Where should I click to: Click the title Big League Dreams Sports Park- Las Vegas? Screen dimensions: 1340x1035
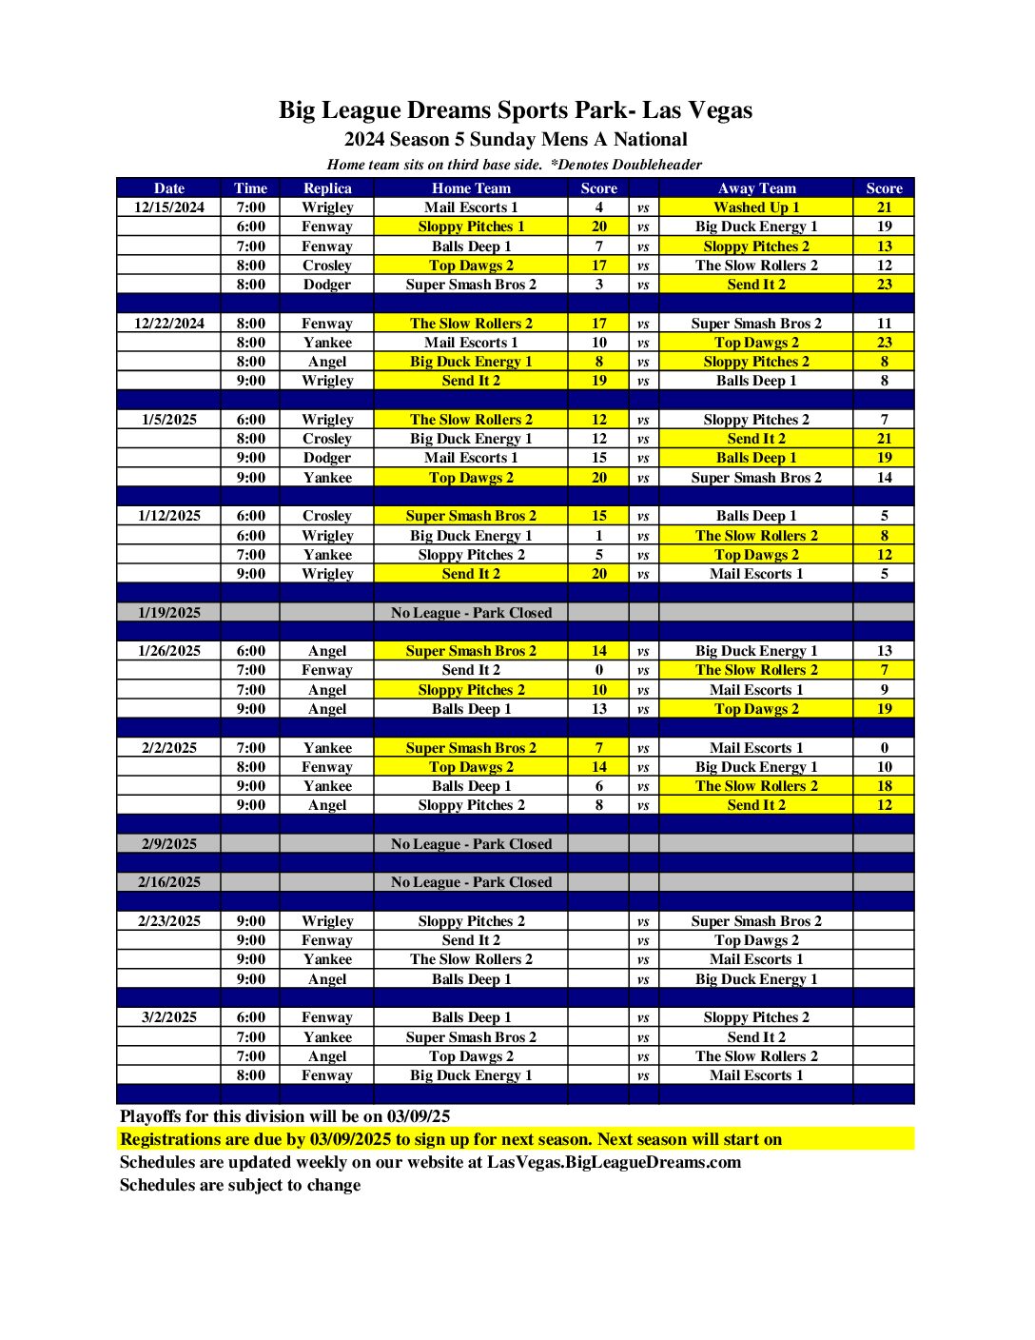tap(515, 110)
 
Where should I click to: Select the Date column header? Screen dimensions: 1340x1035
tap(169, 188)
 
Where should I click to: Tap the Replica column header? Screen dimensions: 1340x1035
tap(327, 188)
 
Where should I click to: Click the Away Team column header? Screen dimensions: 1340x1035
tap(756, 188)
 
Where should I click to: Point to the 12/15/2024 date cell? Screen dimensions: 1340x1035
tap(169, 207)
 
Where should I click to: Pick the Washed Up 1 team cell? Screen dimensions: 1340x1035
tap(756, 207)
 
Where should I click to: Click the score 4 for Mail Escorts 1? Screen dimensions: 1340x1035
tap(598, 207)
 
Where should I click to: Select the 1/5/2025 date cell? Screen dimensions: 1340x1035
tap(169, 420)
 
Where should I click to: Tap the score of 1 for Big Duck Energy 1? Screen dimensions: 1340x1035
tap(598, 536)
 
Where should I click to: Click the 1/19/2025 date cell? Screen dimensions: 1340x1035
tap(169, 613)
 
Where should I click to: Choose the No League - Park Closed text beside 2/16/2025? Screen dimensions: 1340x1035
tap(471, 882)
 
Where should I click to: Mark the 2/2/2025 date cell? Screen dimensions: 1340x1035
tap(169, 748)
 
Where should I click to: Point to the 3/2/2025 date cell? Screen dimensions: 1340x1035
tap(169, 1017)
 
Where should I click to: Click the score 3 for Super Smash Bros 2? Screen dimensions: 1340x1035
tap(598, 285)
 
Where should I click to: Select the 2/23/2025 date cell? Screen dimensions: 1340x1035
tap(169, 921)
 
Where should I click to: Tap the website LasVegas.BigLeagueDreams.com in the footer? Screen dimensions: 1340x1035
tap(614, 1162)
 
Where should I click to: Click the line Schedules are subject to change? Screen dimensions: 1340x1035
tap(240, 1185)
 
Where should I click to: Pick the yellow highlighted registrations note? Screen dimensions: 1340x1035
tap(451, 1139)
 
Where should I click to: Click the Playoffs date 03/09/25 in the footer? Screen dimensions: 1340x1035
tap(419, 1116)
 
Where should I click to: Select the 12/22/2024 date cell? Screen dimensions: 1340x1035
tap(169, 324)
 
